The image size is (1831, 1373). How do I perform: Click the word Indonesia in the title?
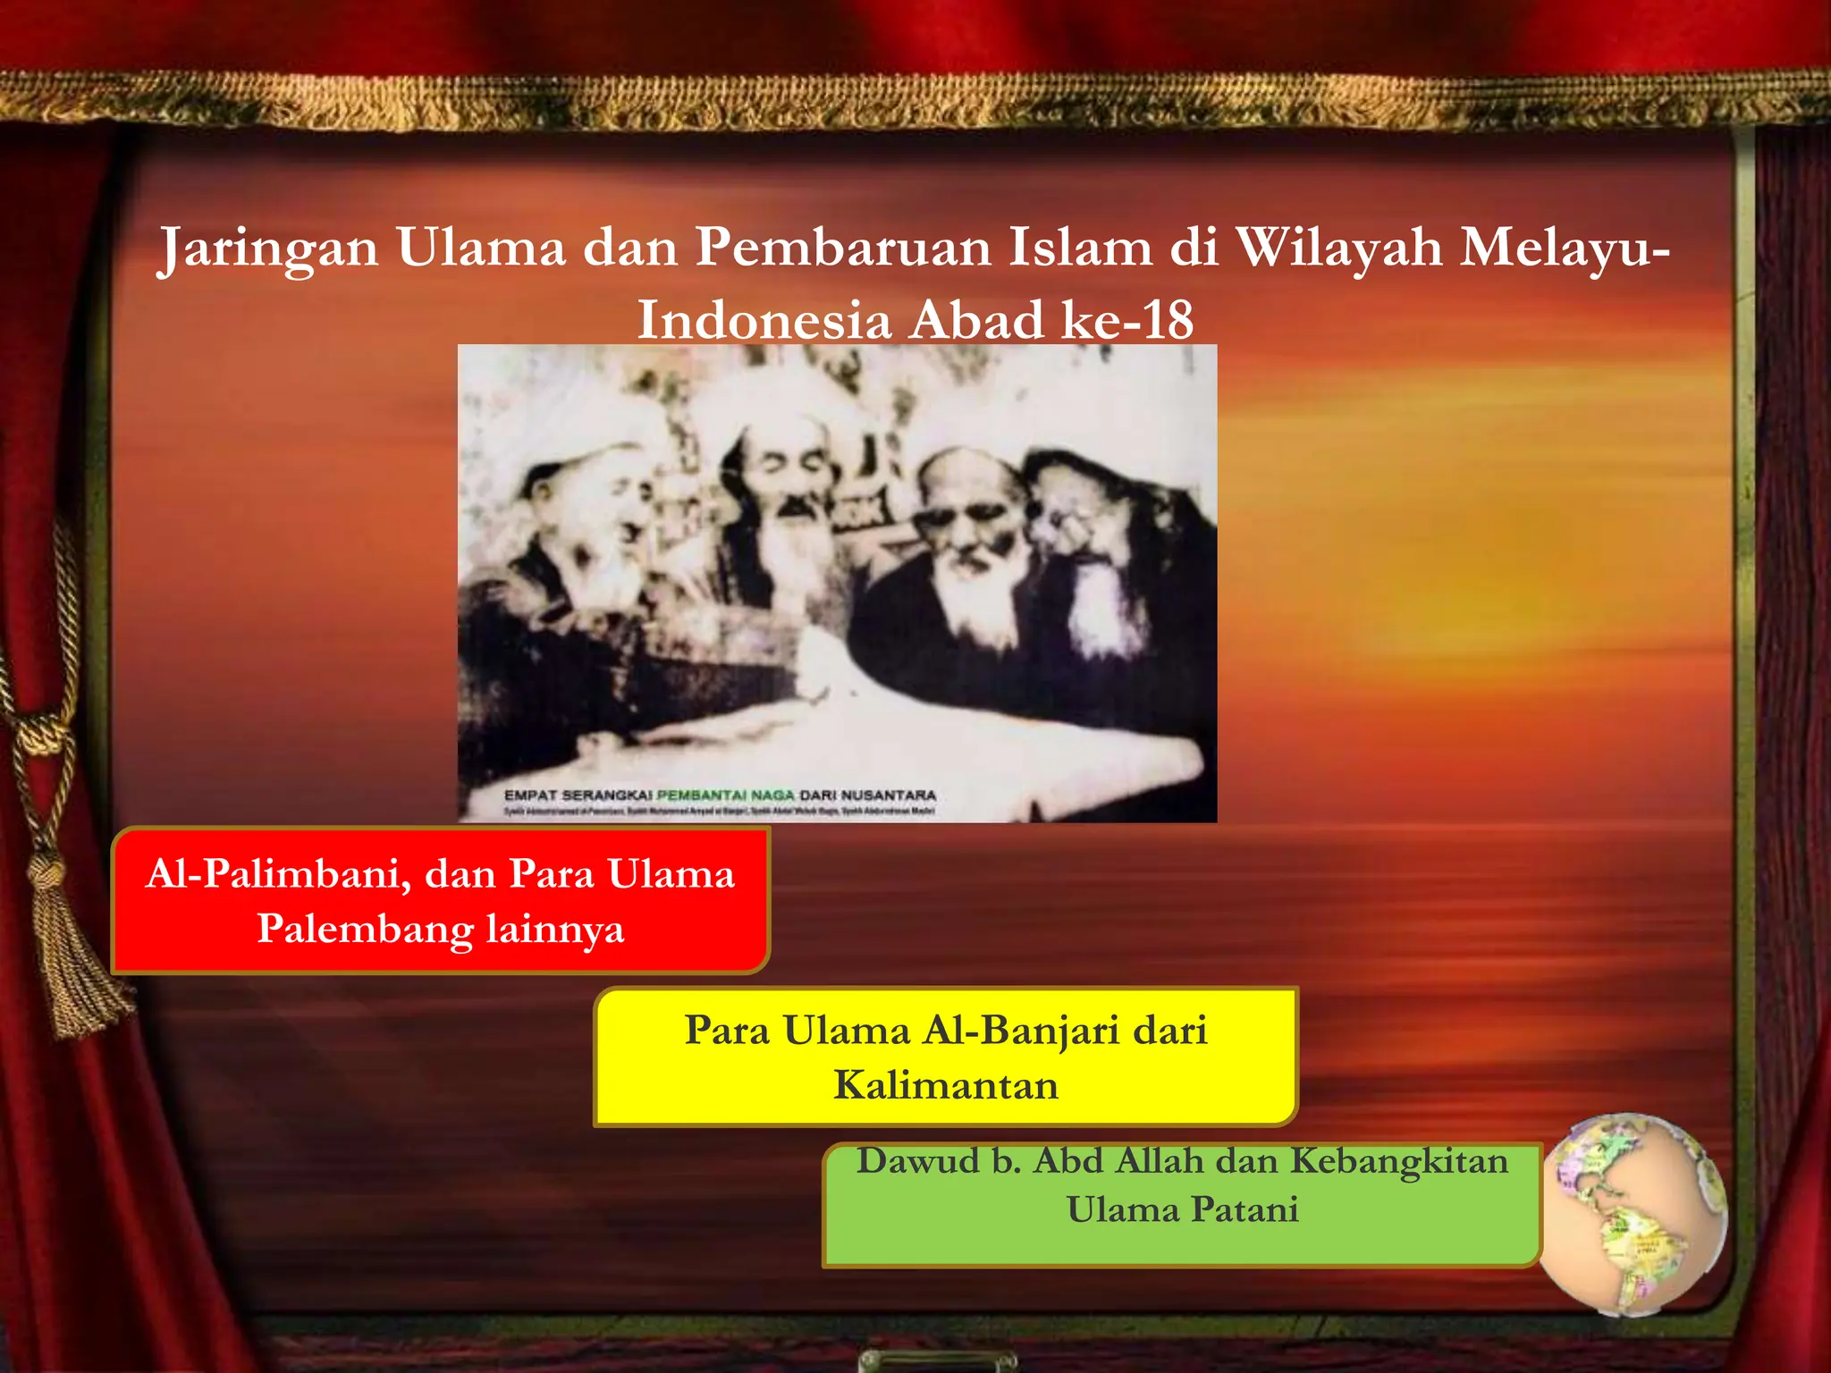tap(764, 320)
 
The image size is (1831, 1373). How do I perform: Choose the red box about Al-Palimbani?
tap(440, 900)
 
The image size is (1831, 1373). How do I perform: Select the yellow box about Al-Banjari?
tap(945, 1057)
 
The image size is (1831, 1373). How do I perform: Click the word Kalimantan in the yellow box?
tap(945, 1085)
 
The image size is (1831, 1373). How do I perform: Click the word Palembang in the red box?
tap(366, 929)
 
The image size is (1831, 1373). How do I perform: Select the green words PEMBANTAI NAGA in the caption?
tap(725, 795)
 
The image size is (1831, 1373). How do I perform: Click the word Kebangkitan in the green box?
tap(1399, 1161)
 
